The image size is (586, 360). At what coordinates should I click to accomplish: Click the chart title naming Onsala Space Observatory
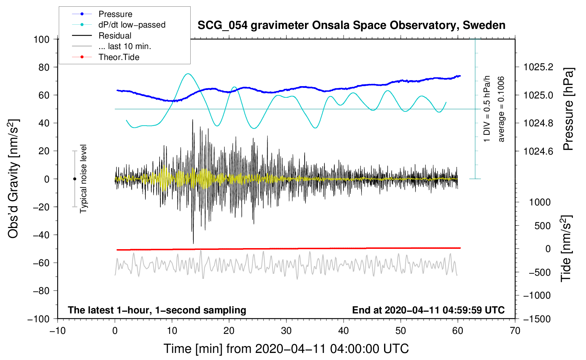pos(351,25)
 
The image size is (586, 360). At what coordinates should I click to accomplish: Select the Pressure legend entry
pos(115,14)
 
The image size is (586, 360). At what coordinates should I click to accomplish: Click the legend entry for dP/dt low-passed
pos(132,25)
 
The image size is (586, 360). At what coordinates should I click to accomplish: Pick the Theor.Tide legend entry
pos(119,57)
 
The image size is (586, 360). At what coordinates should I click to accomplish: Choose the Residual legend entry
pos(115,36)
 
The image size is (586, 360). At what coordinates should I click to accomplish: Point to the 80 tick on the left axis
pos(41,67)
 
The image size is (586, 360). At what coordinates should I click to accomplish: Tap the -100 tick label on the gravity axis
pos(38,319)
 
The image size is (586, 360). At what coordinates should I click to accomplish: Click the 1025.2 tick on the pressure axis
pos(538,67)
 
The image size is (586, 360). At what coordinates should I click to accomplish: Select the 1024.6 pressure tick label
pos(538,151)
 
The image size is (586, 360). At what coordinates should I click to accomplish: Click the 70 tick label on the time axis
pos(515,331)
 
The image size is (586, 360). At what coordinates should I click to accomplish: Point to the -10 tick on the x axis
pos(58,331)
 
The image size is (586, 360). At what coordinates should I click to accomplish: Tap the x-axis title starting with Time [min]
pos(286,349)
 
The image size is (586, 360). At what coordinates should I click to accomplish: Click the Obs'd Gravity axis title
pos(13,179)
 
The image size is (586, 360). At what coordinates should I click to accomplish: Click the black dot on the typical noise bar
pos(74,179)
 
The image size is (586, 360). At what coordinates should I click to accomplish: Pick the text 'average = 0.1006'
pos(501,109)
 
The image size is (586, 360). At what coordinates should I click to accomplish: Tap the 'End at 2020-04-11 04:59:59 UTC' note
pos(428,310)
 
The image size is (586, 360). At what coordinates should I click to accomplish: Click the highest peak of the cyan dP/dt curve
pos(188,74)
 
